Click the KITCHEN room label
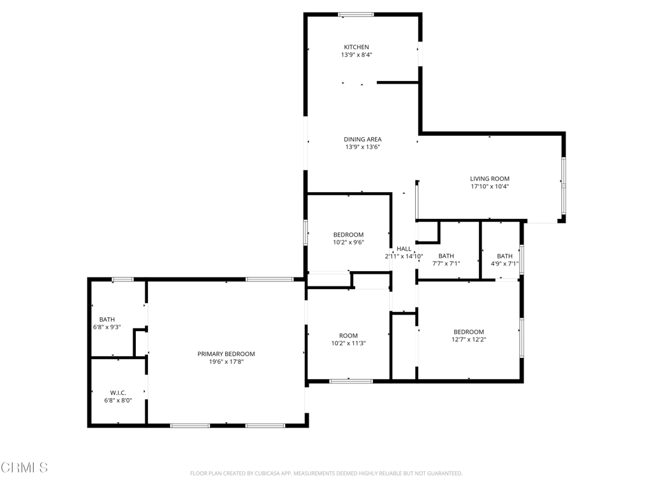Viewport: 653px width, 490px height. tap(356, 47)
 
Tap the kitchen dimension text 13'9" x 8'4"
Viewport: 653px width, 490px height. tap(356, 55)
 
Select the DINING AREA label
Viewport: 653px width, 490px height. tap(362, 139)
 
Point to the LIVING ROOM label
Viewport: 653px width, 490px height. tap(490, 179)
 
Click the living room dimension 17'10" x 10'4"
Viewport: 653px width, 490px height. tap(490, 186)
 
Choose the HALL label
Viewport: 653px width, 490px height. tap(404, 249)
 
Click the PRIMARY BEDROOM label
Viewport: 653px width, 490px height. tap(226, 353)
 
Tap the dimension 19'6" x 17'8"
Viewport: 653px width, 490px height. tap(226, 362)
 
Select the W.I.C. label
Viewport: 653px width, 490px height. tap(118, 392)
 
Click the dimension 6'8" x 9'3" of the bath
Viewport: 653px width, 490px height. tap(107, 327)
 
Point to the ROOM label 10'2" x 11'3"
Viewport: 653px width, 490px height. tap(348, 336)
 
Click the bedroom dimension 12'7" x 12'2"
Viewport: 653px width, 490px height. tap(469, 339)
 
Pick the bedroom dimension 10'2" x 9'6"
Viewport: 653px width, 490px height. tap(349, 242)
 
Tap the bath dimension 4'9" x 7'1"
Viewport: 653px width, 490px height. tap(504, 264)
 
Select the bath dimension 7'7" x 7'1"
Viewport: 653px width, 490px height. tap(446, 264)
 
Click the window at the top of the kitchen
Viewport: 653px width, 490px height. tap(356, 15)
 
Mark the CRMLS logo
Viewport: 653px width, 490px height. tap(24, 468)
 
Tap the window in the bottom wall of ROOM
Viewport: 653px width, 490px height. tap(351, 381)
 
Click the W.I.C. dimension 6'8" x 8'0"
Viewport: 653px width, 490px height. tap(118, 401)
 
